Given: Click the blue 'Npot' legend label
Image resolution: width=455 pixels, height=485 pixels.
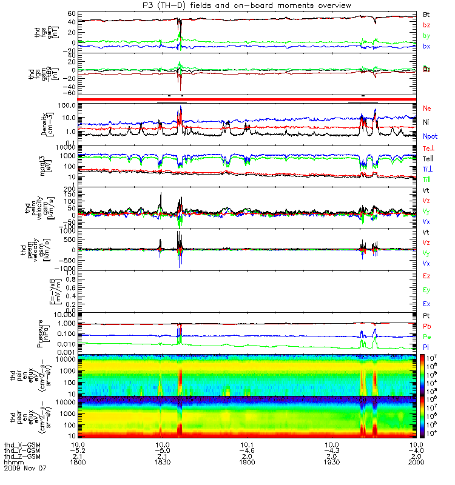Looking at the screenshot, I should point(430,137).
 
